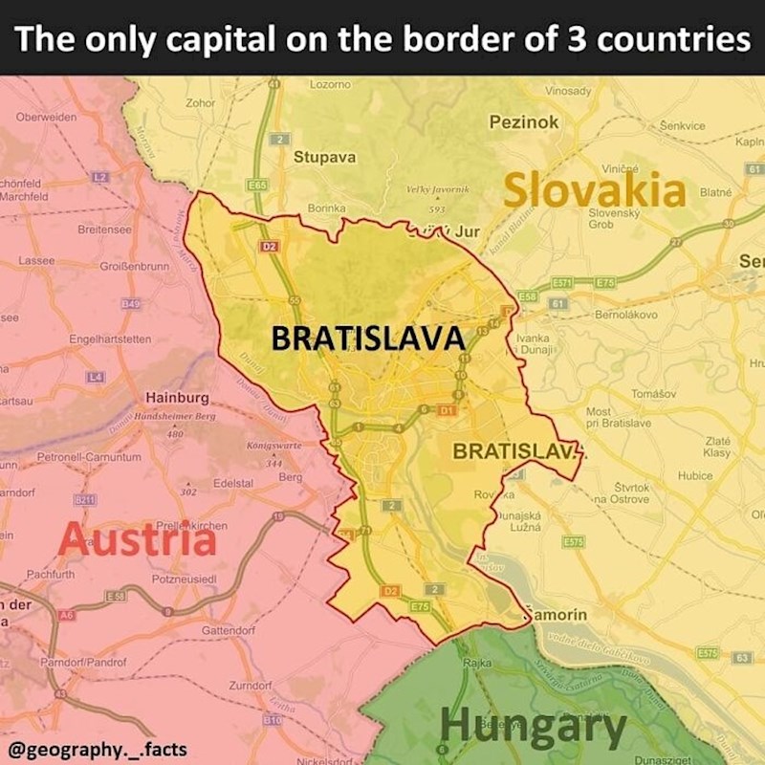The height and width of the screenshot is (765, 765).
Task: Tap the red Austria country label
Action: (x=137, y=542)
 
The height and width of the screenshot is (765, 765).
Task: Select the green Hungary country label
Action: (x=533, y=727)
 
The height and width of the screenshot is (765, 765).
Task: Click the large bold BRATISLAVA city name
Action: (x=368, y=339)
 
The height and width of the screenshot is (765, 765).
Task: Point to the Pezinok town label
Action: (x=524, y=122)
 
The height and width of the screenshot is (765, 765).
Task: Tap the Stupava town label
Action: (x=325, y=156)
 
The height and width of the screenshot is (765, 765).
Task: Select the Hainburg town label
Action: (x=178, y=397)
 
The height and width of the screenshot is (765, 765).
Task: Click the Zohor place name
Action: (x=200, y=101)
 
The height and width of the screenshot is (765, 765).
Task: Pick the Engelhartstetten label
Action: (x=110, y=339)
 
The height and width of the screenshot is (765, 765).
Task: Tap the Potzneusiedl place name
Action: (x=185, y=580)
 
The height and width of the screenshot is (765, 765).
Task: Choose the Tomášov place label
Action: (x=654, y=394)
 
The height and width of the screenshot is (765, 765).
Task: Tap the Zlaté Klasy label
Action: (x=716, y=447)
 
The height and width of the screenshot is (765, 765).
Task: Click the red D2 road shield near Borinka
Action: (x=269, y=247)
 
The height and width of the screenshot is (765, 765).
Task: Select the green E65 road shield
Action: (x=256, y=184)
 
